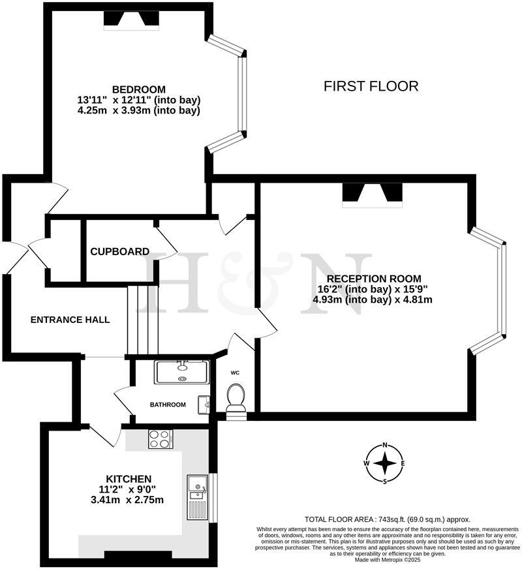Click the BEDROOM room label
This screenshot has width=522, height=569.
(138, 89)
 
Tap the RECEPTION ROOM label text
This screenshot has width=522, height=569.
(373, 278)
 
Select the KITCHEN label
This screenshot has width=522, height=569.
(129, 478)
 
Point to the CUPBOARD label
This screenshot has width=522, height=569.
(119, 251)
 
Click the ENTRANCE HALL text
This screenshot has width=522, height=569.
(70, 320)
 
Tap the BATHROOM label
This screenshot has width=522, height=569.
(168, 405)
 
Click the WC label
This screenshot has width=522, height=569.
(236, 373)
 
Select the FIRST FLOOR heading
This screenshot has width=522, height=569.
(371, 86)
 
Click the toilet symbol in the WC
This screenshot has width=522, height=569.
(236, 397)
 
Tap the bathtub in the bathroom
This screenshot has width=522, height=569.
(181, 371)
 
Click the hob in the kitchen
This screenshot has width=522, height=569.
(159, 438)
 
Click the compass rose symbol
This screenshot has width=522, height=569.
(385, 463)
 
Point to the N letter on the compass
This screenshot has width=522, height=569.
(385, 445)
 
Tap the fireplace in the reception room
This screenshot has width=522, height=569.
(373, 194)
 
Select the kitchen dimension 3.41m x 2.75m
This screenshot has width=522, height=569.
(129, 500)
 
